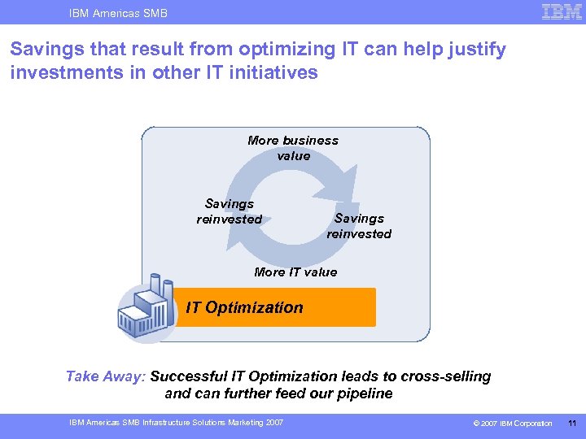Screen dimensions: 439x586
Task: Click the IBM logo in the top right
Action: (561, 11)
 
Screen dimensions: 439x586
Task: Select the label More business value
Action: (293, 148)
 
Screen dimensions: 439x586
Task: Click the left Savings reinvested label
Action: (230, 211)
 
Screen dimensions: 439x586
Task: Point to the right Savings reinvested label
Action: (359, 226)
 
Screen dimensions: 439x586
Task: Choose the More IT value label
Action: (295, 272)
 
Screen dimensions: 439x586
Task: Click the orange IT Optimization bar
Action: (277, 307)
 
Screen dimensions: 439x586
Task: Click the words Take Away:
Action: (106, 376)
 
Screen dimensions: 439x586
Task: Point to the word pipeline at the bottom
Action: (363, 393)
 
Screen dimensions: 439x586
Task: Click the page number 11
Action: (572, 423)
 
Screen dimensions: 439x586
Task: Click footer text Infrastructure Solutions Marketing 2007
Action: (213, 422)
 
